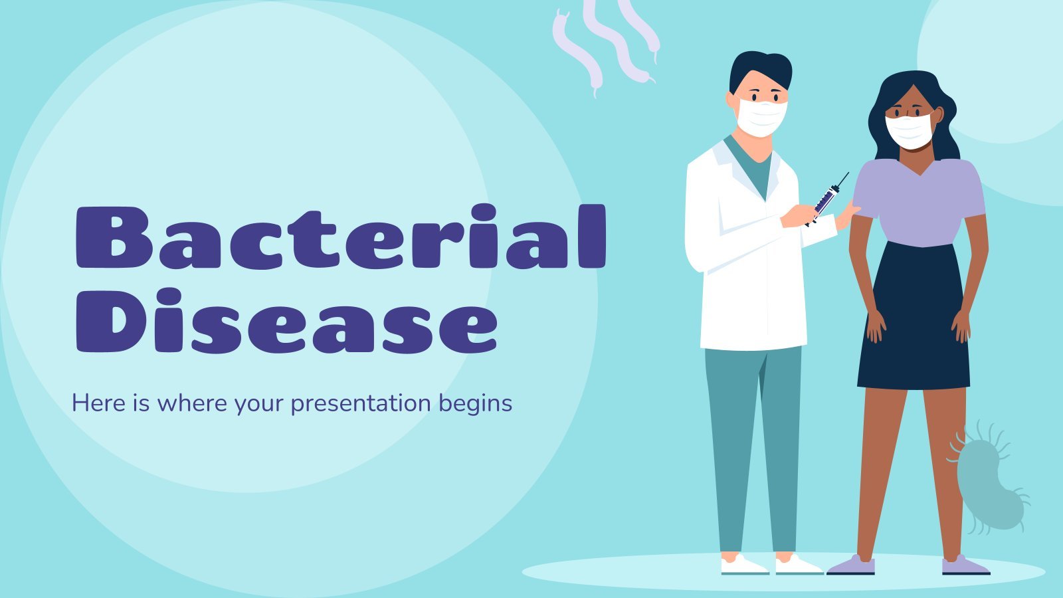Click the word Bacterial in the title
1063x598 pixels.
[341, 237]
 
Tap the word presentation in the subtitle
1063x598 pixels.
[361, 404]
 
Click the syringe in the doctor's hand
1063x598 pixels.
[826, 199]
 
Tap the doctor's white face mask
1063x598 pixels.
[761, 117]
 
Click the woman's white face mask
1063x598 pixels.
[909, 131]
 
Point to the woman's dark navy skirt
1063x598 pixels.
[914, 316]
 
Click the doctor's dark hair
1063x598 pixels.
[759, 71]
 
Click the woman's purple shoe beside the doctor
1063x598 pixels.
[852, 565]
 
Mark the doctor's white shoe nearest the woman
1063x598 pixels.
[798, 564]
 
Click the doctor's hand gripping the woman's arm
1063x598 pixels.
[848, 215]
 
